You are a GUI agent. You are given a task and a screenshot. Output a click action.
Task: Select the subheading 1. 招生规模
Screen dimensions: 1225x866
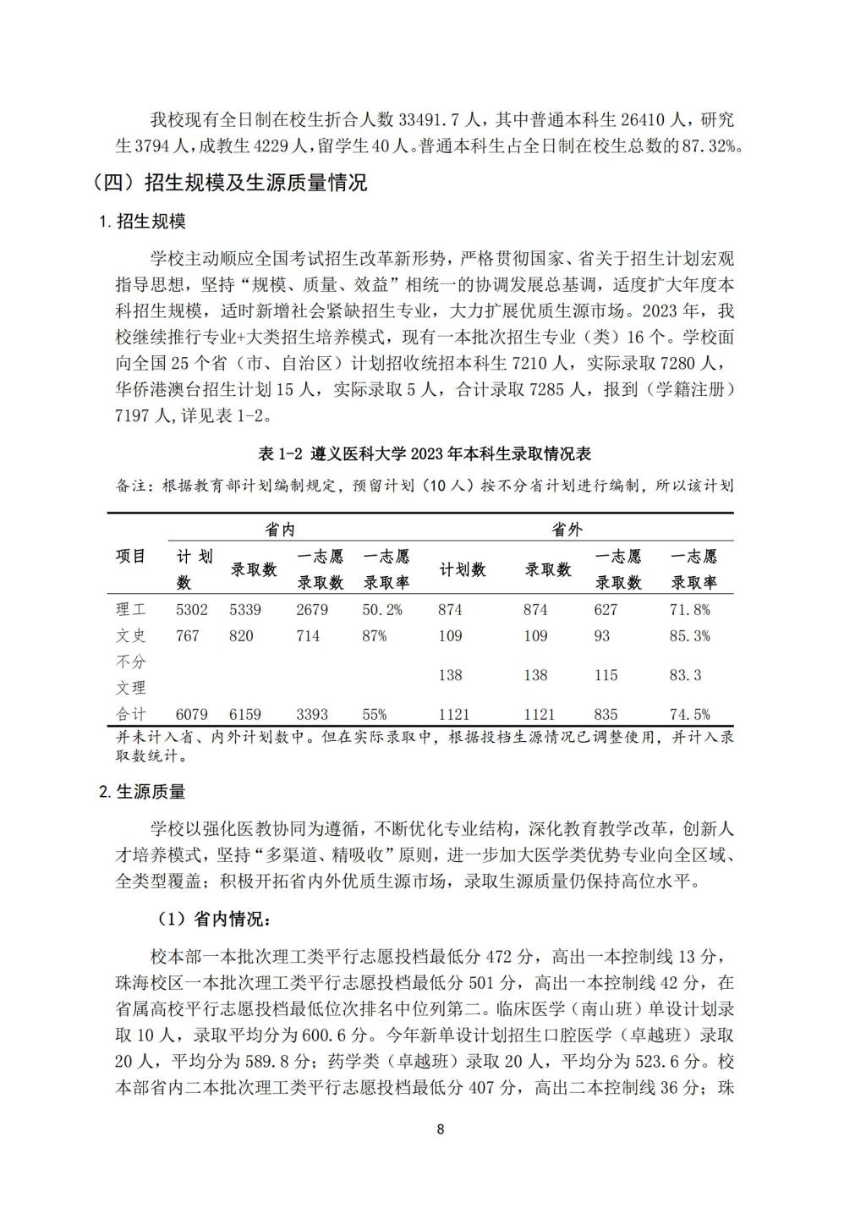click(x=143, y=222)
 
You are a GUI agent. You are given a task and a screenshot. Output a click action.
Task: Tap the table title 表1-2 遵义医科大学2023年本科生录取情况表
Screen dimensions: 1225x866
click(x=424, y=454)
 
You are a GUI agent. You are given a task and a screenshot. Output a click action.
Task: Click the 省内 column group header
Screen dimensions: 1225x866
click(x=280, y=530)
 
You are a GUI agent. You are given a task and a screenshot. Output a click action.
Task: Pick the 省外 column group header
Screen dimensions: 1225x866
click(x=567, y=530)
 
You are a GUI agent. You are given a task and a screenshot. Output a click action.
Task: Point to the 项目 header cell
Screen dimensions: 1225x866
click(x=131, y=556)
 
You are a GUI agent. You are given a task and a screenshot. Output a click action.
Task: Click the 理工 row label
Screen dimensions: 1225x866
click(x=131, y=609)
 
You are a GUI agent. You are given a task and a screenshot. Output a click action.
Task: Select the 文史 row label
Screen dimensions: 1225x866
click(x=131, y=635)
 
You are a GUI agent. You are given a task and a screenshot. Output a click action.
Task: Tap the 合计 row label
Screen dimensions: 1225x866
click(x=131, y=714)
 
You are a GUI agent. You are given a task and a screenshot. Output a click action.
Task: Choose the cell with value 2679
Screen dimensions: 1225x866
click(x=311, y=609)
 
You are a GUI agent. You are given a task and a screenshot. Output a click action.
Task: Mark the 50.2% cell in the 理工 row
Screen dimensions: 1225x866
click(x=382, y=609)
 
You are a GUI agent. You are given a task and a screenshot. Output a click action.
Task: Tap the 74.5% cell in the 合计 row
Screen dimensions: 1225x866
click(x=689, y=714)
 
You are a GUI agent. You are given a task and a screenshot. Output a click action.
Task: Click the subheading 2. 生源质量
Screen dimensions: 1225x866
click(x=143, y=792)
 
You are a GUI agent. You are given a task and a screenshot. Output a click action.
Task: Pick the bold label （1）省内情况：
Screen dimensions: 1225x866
click(x=211, y=919)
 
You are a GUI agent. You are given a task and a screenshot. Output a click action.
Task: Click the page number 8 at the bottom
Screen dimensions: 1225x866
click(x=441, y=1129)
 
